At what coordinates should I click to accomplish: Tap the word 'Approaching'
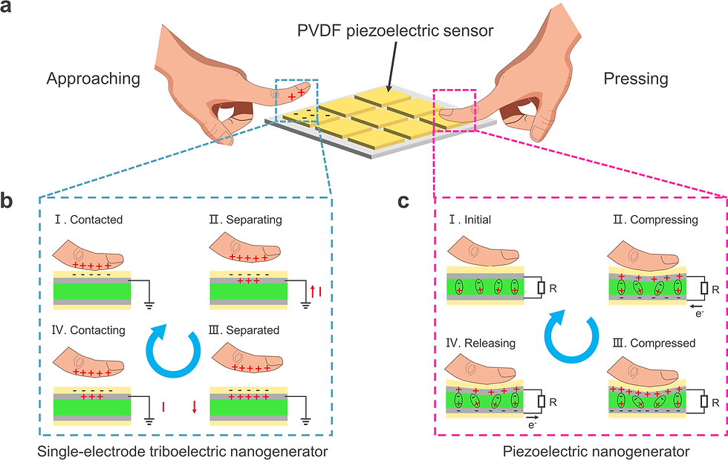pos(93,79)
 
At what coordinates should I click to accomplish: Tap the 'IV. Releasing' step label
pos(487,344)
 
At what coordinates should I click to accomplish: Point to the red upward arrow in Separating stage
pos(316,293)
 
